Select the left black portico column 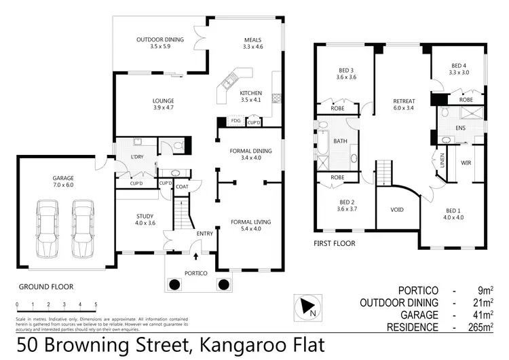174,284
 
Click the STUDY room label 145,215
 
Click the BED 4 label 459,66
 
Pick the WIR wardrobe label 466,163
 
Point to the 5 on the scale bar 96,304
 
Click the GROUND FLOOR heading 45,287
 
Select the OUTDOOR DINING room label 159,39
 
